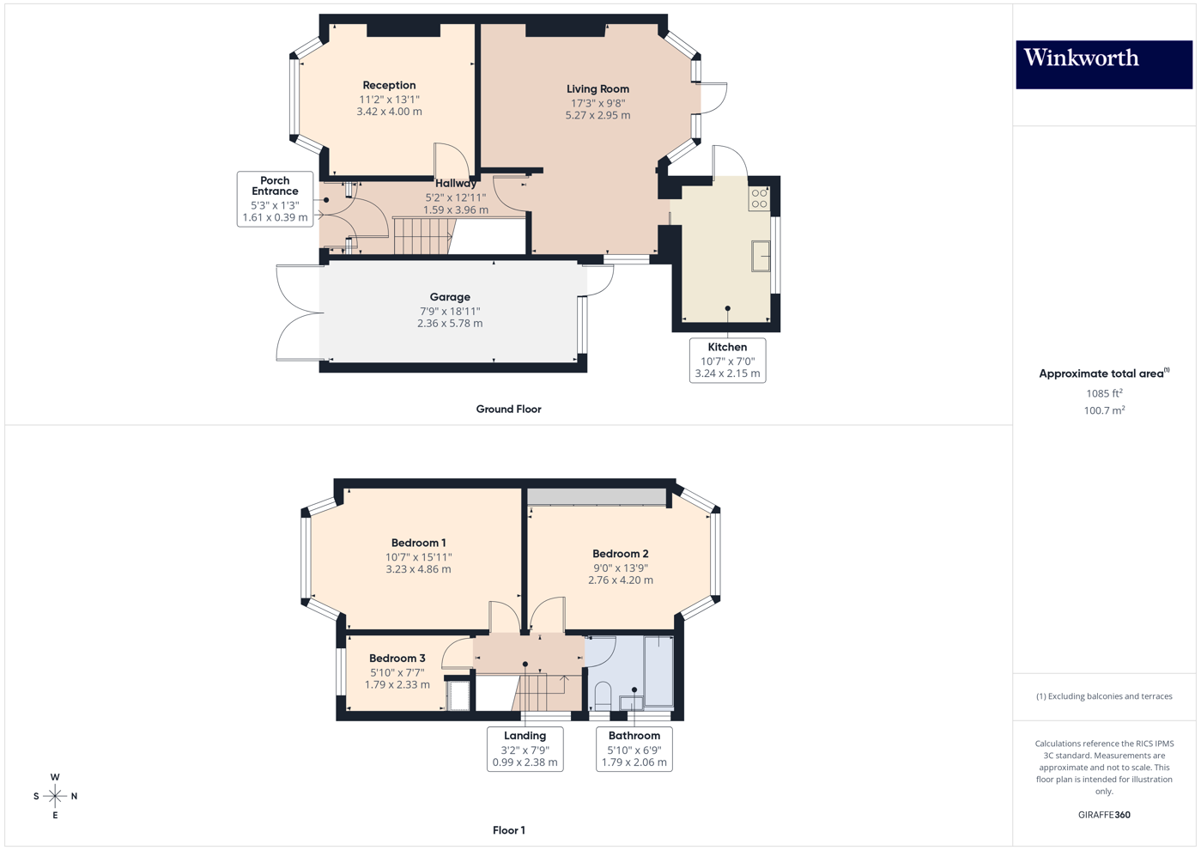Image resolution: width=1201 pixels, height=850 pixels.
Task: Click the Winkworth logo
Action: [1103, 64]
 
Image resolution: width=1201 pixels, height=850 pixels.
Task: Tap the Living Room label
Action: [597, 89]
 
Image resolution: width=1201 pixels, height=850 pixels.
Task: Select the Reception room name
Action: [389, 85]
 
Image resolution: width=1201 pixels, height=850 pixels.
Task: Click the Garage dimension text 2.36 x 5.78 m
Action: [450, 324]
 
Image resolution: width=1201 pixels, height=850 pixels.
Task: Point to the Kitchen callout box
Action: [727, 360]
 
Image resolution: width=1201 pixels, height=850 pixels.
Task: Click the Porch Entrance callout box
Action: [275, 199]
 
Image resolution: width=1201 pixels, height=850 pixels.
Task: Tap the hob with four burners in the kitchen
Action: [759, 199]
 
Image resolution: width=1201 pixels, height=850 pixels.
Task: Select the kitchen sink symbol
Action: [761, 256]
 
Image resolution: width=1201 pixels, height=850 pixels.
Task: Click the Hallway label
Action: [455, 184]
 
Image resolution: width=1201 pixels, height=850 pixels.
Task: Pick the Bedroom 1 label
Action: [418, 543]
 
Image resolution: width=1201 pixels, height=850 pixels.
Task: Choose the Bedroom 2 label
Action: [620, 554]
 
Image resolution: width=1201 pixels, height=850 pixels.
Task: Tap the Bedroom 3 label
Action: [397, 659]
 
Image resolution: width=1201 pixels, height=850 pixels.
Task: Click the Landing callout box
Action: [525, 749]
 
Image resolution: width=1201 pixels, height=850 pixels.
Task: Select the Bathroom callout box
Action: [634, 749]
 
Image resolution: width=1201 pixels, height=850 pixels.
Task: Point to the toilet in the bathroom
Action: [603, 695]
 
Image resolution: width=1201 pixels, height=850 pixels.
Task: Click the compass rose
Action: [55, 796]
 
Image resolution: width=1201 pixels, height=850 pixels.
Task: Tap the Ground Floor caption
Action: [508, 410]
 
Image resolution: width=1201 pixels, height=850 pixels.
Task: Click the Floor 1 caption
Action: [508, 830]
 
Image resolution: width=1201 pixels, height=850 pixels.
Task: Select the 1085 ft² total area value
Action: [1104, 393]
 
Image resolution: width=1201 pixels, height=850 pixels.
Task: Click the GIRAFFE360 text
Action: [1104, 815]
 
